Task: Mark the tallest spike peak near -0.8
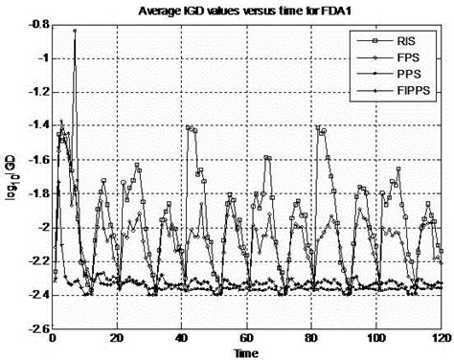click(x=75, y=31)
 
